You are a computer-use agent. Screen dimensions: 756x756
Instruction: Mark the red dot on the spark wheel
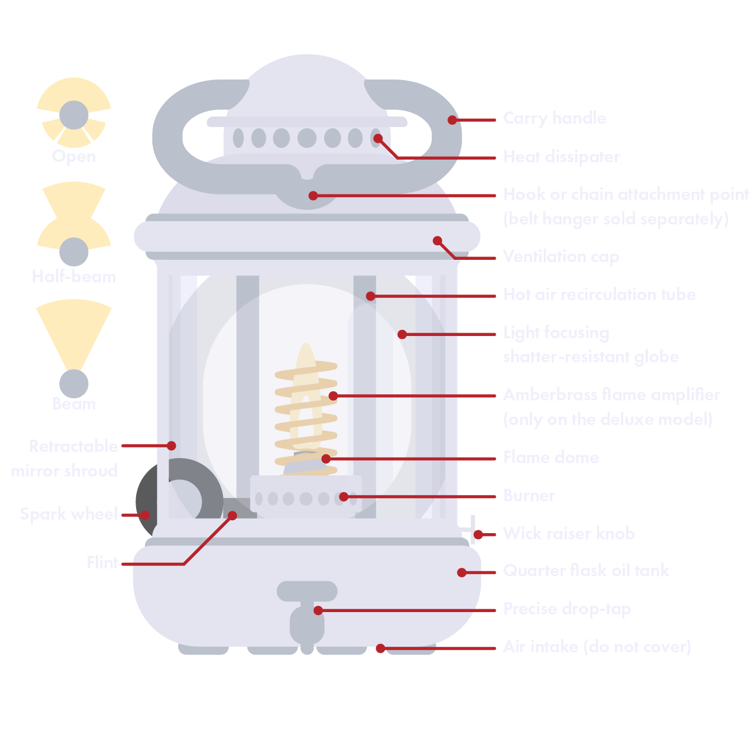pyautogui.click(x=145, y=515)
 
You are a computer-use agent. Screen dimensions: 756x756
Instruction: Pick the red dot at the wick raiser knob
pyautogui.click(x=478, y=535)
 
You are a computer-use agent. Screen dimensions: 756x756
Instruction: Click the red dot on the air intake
pyautogui.click(x=380, y=648)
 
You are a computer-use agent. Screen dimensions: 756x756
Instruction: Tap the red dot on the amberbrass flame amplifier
pyautogui.click(x=333, y=396)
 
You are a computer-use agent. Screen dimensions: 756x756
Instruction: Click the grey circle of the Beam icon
pyautogui.click(x=74, y=384)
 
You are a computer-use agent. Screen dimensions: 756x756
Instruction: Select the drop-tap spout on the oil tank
pyautogui.click(x=307, y=624)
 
